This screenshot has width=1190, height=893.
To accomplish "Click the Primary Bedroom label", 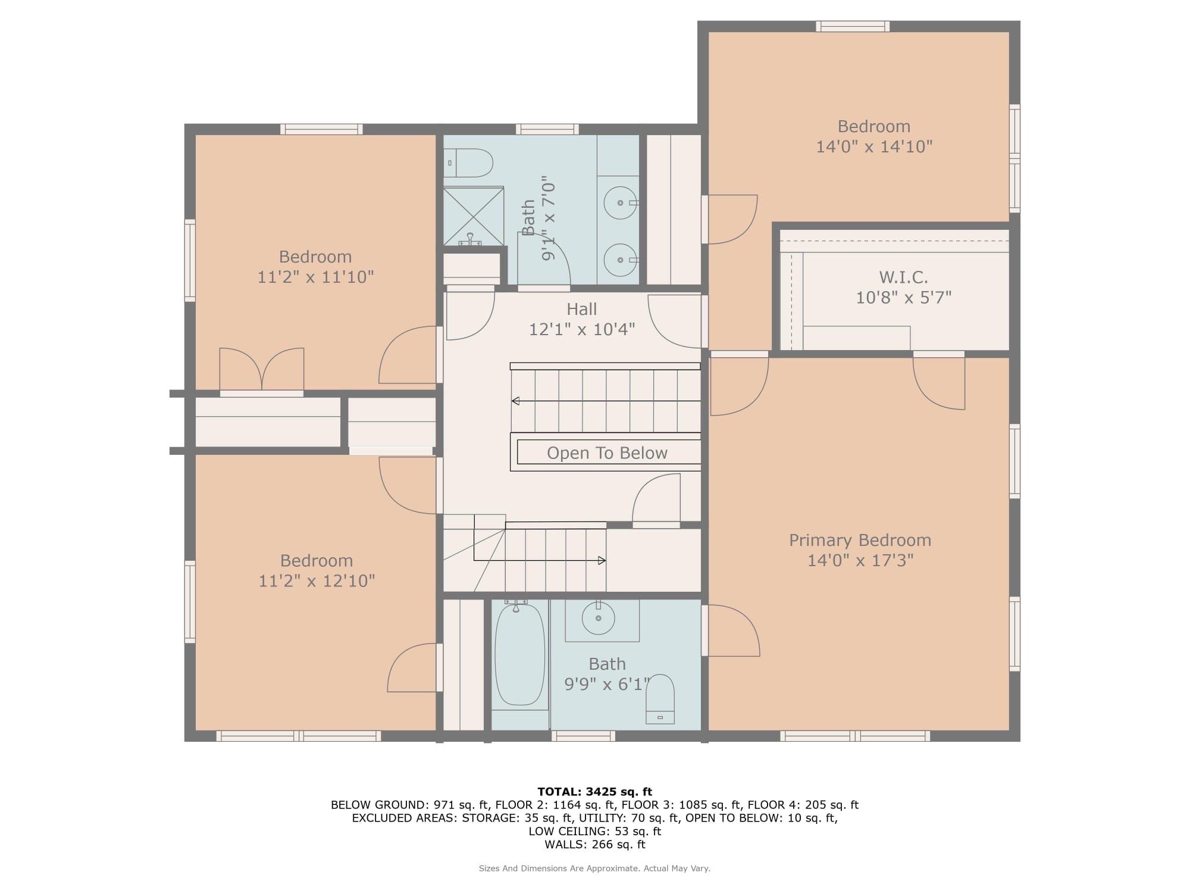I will [860, 540].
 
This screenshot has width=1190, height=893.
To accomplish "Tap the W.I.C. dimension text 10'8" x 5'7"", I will [903, 297].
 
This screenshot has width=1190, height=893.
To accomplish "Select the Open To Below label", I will [607, 453].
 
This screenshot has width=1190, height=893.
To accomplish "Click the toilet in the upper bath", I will [469, 163].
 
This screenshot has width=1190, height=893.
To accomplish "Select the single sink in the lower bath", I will [598, 619].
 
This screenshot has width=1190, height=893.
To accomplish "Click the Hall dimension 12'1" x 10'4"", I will [582, 329].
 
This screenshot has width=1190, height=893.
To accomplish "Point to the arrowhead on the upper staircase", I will [515, 401].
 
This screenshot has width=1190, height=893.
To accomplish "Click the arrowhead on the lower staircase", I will [602, 560].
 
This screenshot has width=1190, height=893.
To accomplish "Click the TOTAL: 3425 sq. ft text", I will [594, 792].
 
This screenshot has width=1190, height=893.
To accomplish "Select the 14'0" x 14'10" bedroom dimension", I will [873, 146].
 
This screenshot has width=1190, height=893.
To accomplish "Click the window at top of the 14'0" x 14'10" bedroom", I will [852, 26].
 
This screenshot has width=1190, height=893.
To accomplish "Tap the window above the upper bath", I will [547, 129].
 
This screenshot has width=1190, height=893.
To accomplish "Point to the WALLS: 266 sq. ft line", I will [594, 844].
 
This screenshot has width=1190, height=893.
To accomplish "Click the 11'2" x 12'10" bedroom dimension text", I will [317, 580].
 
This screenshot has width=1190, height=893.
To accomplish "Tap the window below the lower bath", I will [583, 736].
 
